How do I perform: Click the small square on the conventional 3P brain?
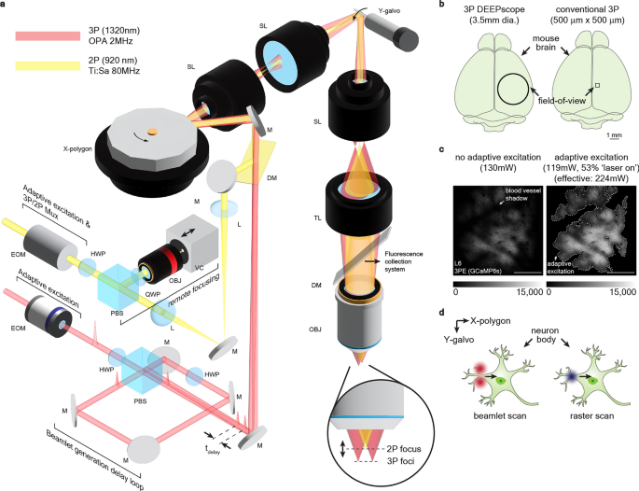point(597,85)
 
